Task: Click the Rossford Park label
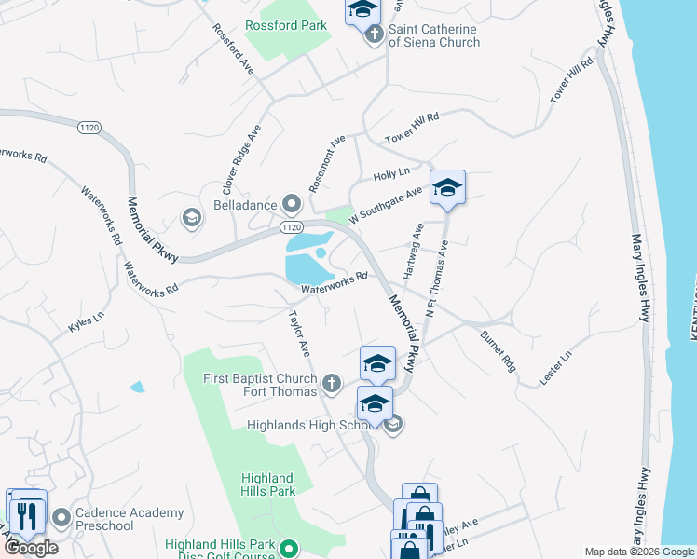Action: coord(286,26)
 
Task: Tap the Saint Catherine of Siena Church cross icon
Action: coord(374,35)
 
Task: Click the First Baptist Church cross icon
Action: coord(331,383)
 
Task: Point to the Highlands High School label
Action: coord(310,425)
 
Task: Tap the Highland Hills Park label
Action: coord(268,484)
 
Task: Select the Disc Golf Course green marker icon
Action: coord(289,549)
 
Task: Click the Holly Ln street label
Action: coord(391,173)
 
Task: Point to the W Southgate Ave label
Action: coord(386,206)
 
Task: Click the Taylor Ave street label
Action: coord(299,333)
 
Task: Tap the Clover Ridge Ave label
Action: coord(239,161)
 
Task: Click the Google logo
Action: coord(31,548)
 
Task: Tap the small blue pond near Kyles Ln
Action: coord(138,387)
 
